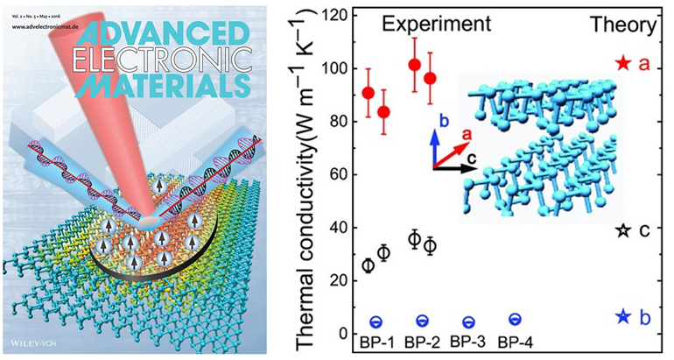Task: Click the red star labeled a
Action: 623,63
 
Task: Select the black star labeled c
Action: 623,230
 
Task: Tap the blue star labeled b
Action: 623,316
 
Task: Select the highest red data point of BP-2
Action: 415,65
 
